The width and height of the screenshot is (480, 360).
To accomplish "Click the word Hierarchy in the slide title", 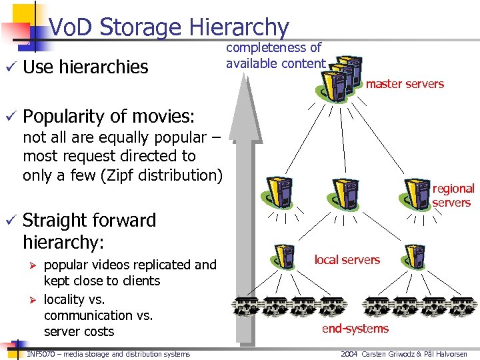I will [239, 27].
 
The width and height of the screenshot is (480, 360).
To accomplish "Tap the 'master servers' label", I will [405, 84].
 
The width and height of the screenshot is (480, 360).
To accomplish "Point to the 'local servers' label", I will [347, 259].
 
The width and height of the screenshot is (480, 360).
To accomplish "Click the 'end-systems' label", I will [355, 328].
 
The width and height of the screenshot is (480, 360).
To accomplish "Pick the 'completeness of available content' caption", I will [275, 55].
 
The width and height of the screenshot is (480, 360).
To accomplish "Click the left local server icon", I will [285, 260].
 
